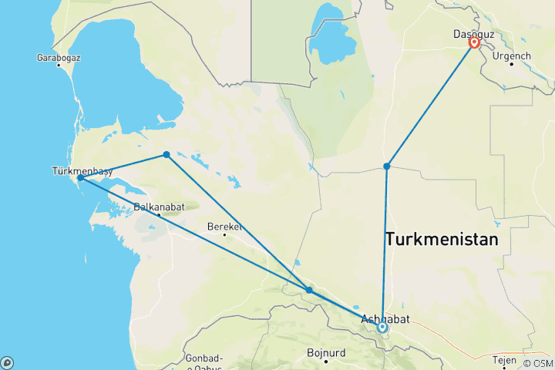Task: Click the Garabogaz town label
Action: pyautogui.click(x=59, y=57)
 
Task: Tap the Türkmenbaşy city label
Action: pyautogui.click(x=82, y=170)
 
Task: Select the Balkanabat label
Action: pyautogui.click(x=157, y=206)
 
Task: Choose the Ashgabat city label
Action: pyautogui.click(x=391, y=318)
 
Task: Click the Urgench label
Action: pyautogui.click(x=512, y=56)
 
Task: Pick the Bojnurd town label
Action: pyautogui.click(x=326, y=354)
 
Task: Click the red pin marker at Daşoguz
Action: pyautogui.click(x=474, y=42)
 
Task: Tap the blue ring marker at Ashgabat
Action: pyautogui.click(x=383, y=328)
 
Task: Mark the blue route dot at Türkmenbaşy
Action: pyautogui.click(x=80, y=178)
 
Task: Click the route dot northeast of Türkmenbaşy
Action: pyautogui.click(x=166, y=155)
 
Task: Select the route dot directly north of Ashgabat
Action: pyautogui.click(x=387, y=166)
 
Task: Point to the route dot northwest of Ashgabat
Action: pyautogui.click(x=309, y=291)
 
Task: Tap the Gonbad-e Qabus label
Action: pyautogui.click(x=204, y=362)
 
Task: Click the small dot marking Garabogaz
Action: pyautogui.click(x=58, y=65)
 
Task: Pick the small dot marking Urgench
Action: pyautogui.click(x=511, y=64)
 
